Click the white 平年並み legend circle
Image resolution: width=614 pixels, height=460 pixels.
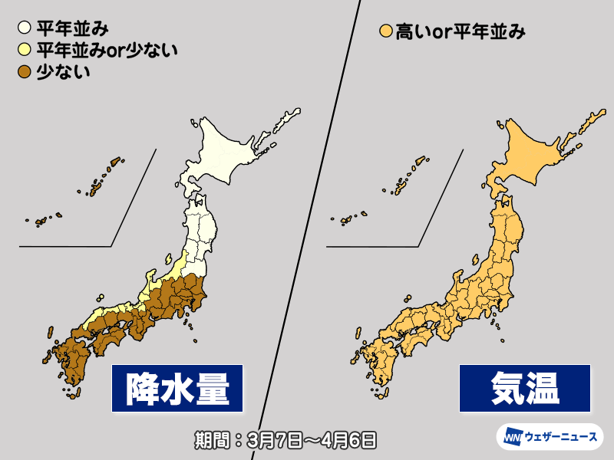click(24, 29)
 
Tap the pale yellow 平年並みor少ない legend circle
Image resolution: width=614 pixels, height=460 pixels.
click(24, 51)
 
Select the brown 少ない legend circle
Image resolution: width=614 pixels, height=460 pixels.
click(24, 72)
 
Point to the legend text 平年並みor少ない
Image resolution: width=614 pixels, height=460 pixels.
click(107, 51)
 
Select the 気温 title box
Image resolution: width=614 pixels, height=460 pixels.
click(526, 387)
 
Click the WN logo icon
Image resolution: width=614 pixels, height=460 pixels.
click(512, 438)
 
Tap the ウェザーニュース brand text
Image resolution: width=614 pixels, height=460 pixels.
click(562, 438)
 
